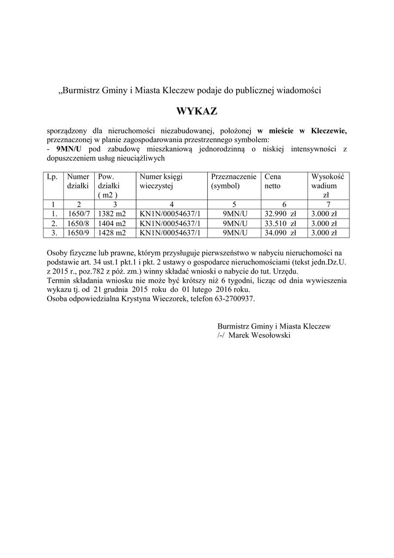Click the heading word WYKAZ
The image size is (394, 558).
click(x=196, y=112)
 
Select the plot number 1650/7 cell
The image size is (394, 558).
click(x=78, y=214)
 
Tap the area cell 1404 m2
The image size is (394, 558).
click(x=112, y=223)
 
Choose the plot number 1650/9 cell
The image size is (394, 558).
click(x=78, y=232)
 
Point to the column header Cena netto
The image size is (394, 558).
click(x=273, y=181)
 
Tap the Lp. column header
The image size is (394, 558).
click(x=52, y=177)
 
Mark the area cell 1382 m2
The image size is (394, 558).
click(x=112, y=214)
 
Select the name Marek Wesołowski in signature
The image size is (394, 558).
click(x=260, y=335)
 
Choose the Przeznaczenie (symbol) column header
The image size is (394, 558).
click(x=233, y=181)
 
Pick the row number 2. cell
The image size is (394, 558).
click(x=53, y=223)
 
